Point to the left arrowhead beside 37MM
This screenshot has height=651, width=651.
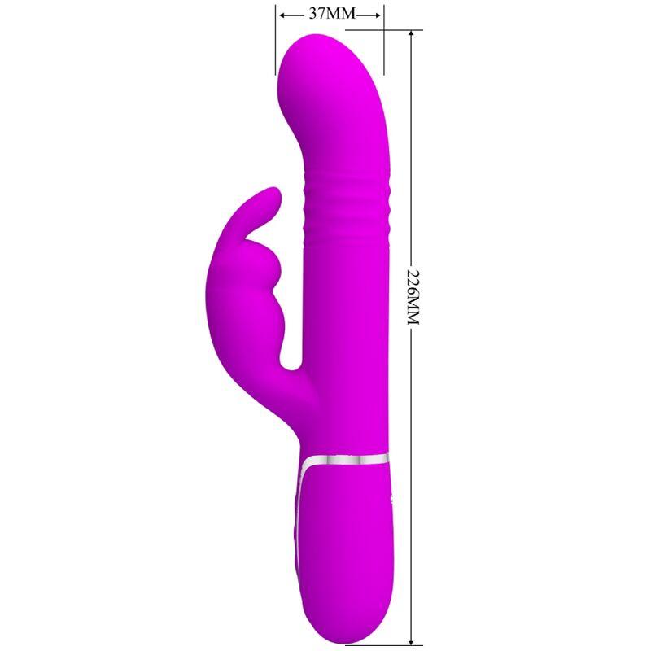[282, 15]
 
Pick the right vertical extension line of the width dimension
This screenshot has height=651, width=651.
[385, 41]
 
